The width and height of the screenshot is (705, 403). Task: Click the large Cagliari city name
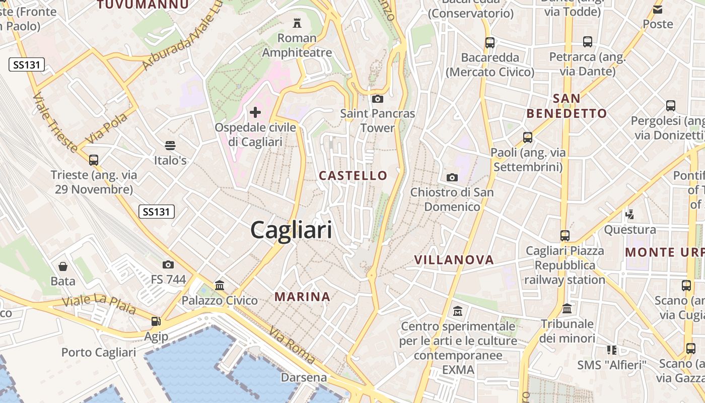point(291,230)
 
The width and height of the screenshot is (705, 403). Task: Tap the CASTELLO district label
point(353,175)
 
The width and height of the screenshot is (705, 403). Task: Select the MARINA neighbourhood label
point(303,297)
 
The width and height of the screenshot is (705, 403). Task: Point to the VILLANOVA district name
point(454,259)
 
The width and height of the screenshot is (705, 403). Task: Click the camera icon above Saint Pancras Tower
point(378,99)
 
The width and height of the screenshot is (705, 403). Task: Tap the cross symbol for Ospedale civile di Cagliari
point(255,112)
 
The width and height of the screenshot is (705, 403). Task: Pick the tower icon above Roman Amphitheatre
point(297,23)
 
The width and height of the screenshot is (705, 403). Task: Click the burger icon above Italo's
point(170,146)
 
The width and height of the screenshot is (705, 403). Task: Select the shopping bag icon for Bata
point(63,266)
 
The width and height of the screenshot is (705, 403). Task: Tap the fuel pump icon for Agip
point(156,321)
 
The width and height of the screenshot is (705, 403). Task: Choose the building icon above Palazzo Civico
point(220,286)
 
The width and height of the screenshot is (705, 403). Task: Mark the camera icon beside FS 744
point(168,264)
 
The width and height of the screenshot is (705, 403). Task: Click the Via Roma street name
point(292,345)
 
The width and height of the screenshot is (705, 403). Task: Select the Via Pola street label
point(106,128)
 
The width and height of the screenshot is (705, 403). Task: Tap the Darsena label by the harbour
point(304,377)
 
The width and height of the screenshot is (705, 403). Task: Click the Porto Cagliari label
point(99,352)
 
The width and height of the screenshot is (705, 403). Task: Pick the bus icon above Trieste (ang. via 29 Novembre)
point(94,160)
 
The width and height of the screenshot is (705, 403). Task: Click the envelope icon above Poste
point(658,9)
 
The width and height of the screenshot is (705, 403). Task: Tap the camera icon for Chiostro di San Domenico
point(452,177)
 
